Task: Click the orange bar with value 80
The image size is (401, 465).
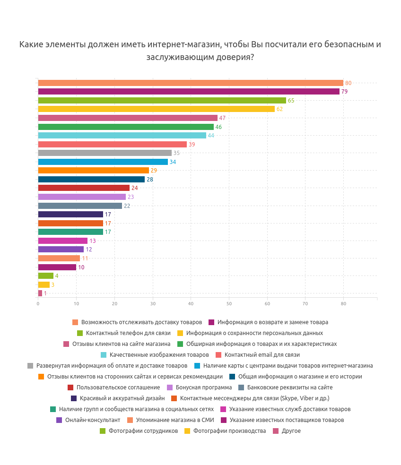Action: coord(191,83)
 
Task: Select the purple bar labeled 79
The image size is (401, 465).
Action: coord(189,92)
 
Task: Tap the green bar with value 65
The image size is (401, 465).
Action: coord(162,100)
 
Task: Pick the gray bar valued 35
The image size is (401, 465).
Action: coord(105,153)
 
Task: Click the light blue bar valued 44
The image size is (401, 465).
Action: coord(122,136)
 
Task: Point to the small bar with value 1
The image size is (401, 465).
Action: coord(40,293)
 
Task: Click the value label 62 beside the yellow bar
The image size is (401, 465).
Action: coord(279,109)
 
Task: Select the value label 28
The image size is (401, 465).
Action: coord(150,180)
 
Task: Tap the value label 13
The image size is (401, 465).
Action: coord(93,241)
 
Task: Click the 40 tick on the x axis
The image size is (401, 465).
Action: coord(191,303)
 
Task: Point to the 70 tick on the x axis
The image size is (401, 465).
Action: coord(305,303)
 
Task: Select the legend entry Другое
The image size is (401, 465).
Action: coord(291,431)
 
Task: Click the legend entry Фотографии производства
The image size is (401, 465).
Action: coord(229,431)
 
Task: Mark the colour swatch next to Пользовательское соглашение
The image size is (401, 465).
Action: coord(70,387)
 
